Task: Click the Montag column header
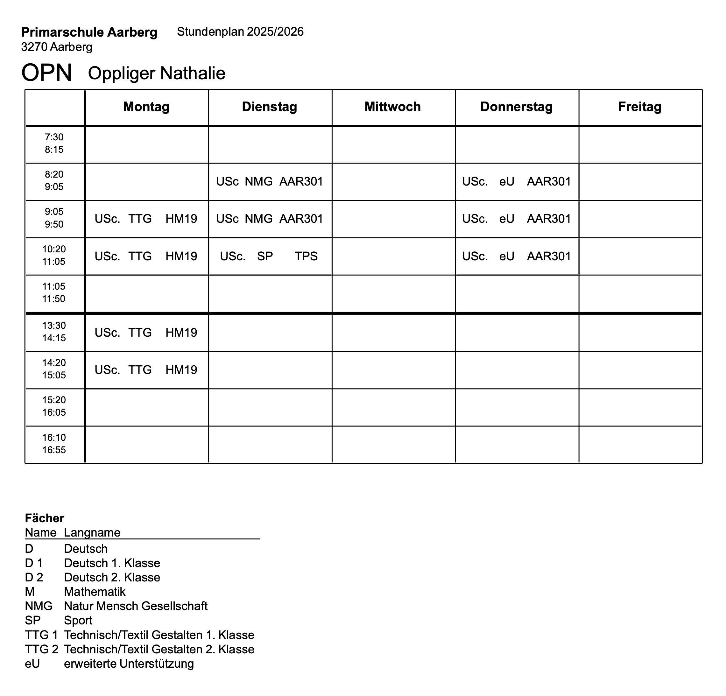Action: click(146, 107)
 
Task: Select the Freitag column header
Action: click(640, 107)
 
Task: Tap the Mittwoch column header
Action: click(393, 107)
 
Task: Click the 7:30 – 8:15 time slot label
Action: click(54, 143)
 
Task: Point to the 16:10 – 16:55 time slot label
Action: click(54, 444)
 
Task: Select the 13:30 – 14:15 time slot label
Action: click(54, 332)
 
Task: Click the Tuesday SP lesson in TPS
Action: click(269, 256)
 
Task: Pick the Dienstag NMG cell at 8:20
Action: click(269, 181)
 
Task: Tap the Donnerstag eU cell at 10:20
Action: click(516, 256)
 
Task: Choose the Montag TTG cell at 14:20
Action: click(146, 370)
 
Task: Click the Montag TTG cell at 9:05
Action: click(146, 219)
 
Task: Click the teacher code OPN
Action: click(47, 73)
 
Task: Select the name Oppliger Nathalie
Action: click(156, 73)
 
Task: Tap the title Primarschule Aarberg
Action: click(89, 32)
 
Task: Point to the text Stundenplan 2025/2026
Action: click(240, 32)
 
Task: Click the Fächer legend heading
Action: click(45, 518)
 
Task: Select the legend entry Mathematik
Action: click(95, 592)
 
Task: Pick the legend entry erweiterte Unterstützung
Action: click(129, 664)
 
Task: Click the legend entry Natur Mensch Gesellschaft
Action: click(136, 606)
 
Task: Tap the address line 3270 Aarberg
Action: click(57, 47)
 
